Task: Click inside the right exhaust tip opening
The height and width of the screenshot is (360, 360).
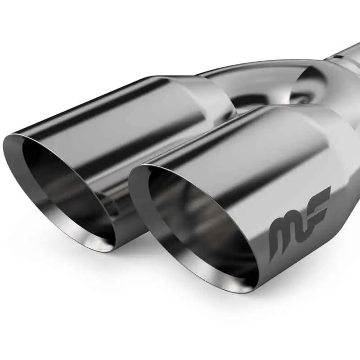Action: (x=198, y=220)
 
